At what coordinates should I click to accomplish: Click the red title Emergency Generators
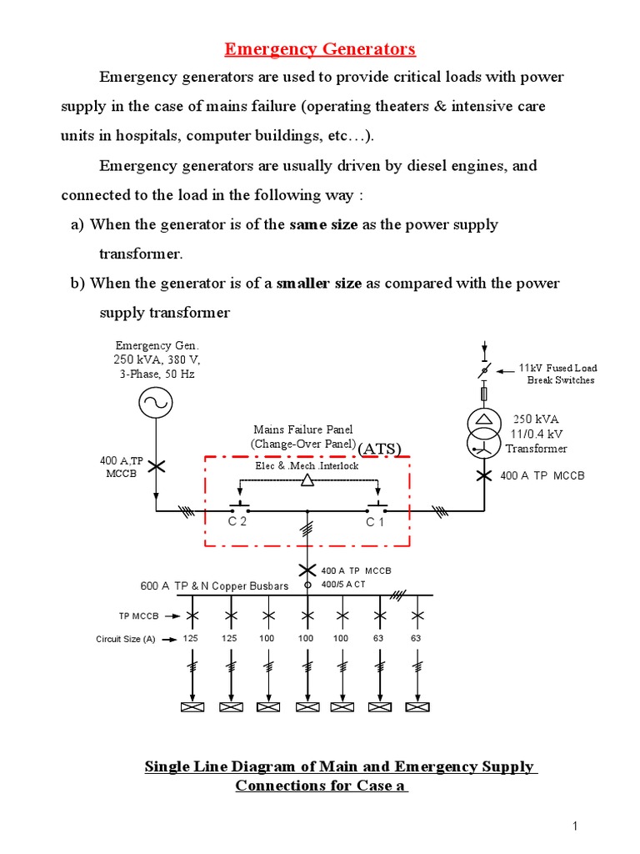click(321, 49)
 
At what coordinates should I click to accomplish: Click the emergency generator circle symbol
click(155, 403)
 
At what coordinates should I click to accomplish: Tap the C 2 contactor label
click(237, 522)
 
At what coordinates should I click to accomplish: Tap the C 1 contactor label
click(375, 522)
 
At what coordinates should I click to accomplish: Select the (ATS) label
click(380, 449)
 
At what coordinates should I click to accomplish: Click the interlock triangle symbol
click(307, 480)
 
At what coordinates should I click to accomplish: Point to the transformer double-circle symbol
click(483, 430)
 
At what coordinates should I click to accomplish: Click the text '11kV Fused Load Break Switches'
click(557, 374)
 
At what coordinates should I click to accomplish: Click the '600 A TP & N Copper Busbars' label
click(214, 585)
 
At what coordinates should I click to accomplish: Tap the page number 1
click(575, 826)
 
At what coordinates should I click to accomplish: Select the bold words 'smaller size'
click(325, 283)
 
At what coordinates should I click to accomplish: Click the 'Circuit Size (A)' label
click(126, 640)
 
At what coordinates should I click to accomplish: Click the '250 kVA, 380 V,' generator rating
click(157, 359)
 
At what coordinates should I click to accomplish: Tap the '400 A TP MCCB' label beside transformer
click(542, 475)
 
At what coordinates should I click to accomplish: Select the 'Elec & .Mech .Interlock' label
click(307, 465)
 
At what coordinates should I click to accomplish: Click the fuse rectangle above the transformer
click(483, 393)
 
